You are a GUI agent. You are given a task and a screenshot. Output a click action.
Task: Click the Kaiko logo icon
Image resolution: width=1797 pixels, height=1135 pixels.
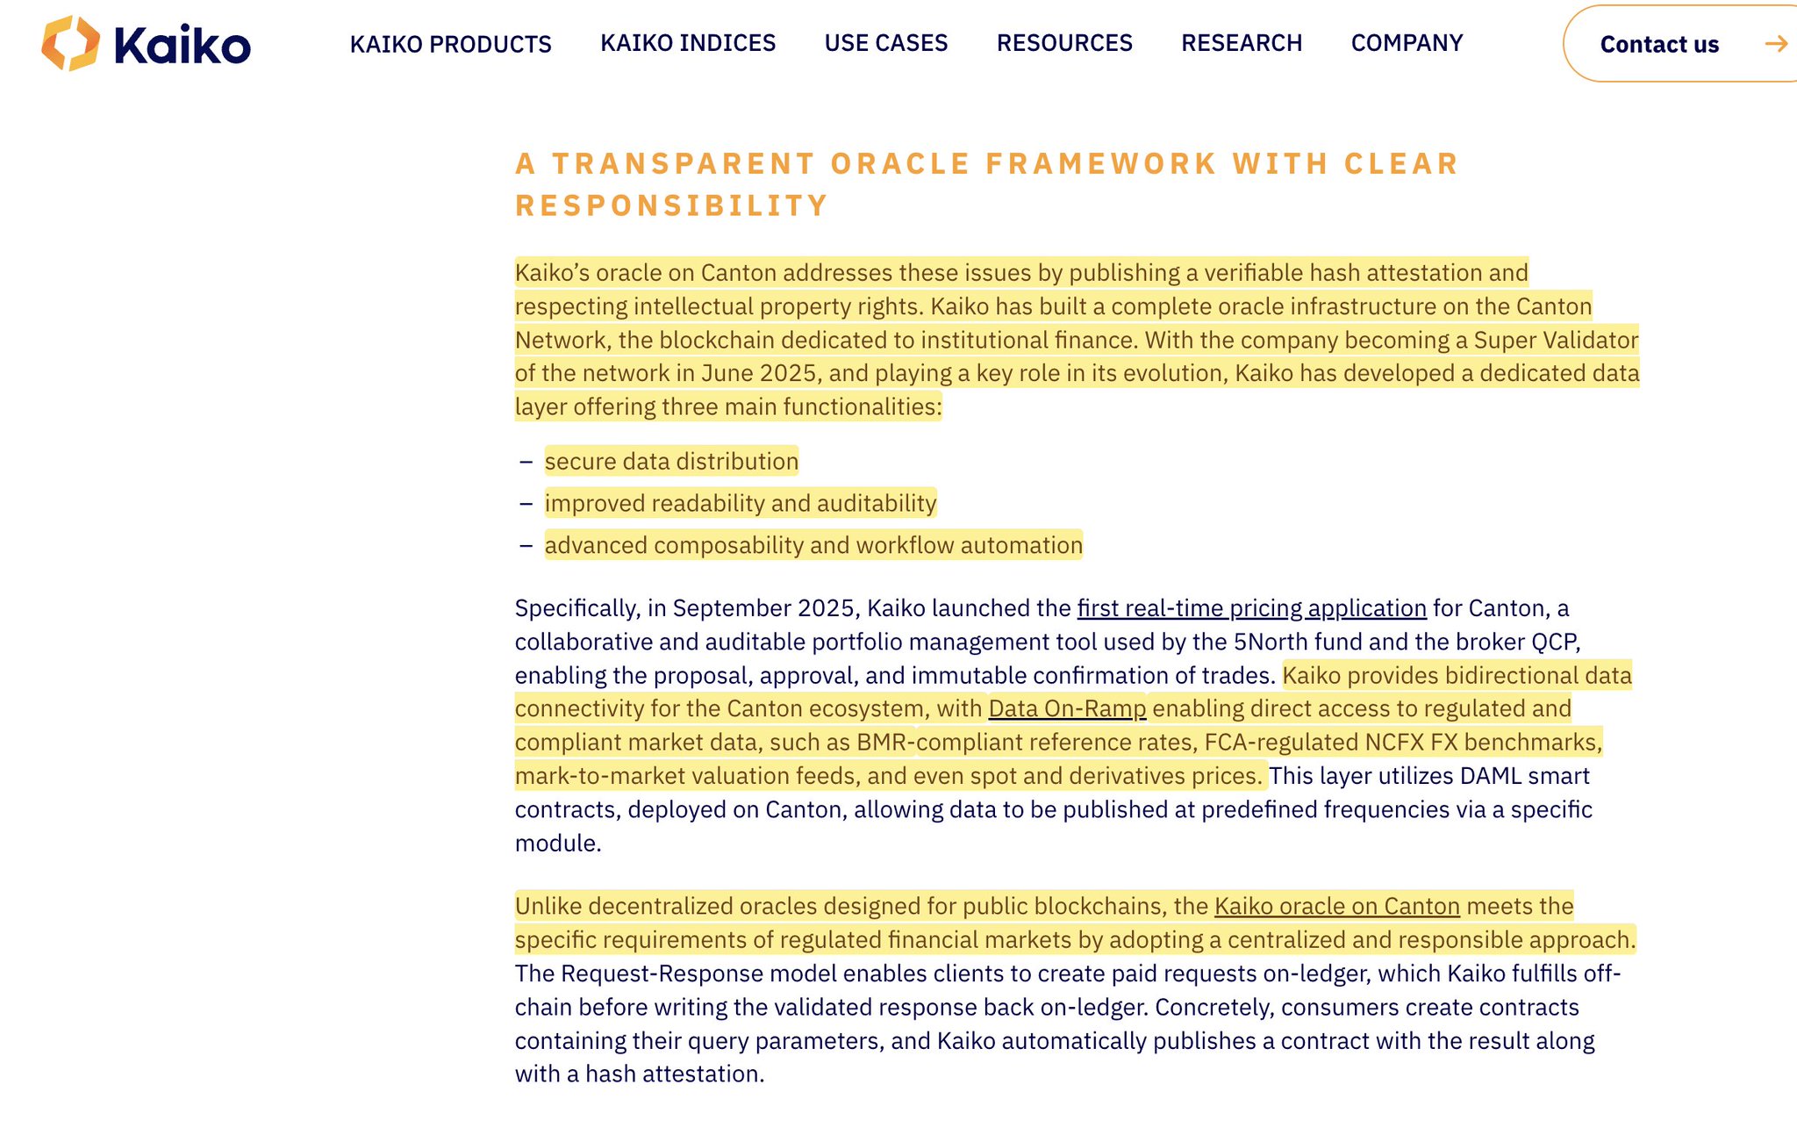70,43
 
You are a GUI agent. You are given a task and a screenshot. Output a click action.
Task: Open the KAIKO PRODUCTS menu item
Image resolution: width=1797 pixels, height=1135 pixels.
450,44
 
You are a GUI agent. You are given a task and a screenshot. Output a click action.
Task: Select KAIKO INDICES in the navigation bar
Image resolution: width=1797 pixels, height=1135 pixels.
688,43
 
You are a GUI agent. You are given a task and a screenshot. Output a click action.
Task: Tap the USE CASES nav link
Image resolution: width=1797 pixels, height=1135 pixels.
886,43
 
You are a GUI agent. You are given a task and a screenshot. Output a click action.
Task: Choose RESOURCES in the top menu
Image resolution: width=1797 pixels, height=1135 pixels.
1064,43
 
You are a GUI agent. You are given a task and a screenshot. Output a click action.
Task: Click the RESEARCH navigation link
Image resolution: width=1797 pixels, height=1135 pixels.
1242,43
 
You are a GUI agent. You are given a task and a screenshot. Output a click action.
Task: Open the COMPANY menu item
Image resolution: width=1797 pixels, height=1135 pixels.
1407,43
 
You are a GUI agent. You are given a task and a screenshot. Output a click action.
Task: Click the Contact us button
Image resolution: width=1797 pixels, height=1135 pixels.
1658,44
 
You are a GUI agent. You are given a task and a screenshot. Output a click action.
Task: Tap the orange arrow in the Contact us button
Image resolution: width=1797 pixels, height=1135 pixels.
1775,44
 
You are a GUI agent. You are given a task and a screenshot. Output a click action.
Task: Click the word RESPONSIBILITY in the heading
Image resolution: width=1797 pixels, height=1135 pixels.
671,206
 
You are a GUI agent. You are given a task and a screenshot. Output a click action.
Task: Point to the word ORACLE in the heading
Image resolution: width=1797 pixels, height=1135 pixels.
899,164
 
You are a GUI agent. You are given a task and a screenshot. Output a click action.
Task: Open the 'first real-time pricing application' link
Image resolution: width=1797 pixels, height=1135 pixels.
1251,608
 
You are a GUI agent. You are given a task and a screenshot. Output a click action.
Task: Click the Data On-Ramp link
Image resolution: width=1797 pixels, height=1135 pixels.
1067,708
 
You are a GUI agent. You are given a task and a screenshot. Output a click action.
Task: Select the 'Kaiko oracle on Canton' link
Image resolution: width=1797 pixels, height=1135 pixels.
1336,906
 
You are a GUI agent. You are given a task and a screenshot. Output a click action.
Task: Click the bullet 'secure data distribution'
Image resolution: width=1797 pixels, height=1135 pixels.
671,461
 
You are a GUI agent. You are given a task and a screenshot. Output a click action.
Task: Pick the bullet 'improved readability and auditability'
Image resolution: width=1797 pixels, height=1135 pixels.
741,503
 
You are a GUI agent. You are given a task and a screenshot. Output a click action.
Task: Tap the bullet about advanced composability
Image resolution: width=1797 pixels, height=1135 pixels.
813,545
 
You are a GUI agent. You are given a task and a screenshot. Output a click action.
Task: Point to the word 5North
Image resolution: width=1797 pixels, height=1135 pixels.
1271,642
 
